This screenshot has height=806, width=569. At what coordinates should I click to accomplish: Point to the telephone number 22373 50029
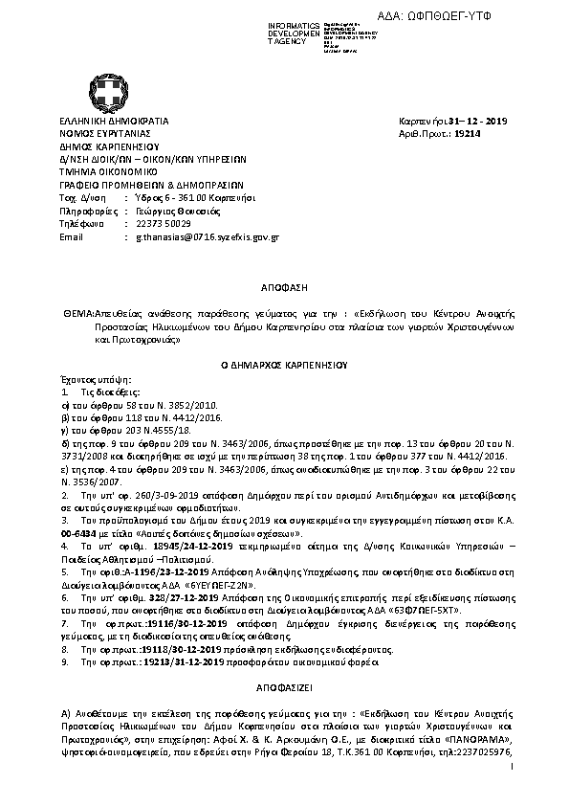165,222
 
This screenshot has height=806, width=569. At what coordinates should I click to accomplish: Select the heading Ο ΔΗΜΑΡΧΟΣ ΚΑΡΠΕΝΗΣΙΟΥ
283,365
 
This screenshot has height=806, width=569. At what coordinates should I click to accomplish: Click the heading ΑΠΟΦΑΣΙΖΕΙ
283,687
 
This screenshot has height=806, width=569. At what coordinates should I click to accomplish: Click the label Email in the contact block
72,235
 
